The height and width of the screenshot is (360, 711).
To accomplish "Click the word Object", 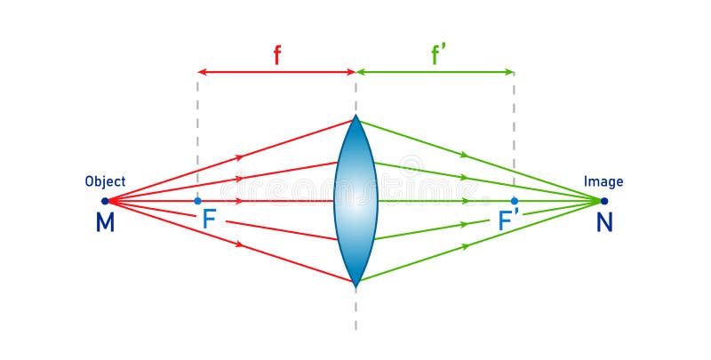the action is [x=105, y=181].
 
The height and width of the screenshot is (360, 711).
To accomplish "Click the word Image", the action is [x=603, y=181].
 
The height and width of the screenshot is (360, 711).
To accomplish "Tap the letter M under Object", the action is [x=105, y=222].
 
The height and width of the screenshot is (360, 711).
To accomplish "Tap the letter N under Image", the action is [x=604, y=222].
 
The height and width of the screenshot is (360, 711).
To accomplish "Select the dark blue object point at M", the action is [x=105, y=201].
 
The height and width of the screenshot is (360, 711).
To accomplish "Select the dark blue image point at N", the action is [x=604, y=201].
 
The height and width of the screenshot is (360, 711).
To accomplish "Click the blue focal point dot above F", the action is [x=197, y=201].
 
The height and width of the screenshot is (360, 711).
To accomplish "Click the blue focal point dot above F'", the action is [x=515, y=201].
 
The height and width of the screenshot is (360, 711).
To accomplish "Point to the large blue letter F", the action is [x=209, y=220].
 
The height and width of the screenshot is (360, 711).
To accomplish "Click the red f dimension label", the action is [x=276, y=56].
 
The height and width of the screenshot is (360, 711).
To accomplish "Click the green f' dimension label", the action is [x=438, y=56].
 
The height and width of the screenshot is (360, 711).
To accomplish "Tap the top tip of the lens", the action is [x=356, y=116].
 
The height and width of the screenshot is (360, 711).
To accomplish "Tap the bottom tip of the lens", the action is [x=356, y=285].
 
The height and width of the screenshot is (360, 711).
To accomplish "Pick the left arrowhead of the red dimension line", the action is [x=202, y=71].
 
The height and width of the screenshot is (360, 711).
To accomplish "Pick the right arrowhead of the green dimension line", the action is [x=510, y=71].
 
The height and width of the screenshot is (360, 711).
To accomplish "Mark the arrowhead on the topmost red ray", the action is [x=240, y=156].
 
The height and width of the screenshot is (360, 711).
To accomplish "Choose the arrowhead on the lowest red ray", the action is [x=240, y=244].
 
